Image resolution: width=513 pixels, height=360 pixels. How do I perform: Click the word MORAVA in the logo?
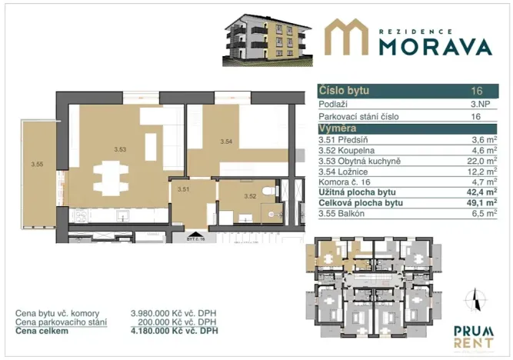point(435,45)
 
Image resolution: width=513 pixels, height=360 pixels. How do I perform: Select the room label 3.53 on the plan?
point(119,148)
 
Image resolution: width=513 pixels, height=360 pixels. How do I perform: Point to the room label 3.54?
point(226,142)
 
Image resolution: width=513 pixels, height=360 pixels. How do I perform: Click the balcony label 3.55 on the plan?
point(37,163)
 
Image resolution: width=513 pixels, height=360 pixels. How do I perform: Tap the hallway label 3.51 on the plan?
point(183,188)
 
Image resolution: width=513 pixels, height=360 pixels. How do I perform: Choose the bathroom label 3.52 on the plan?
point(249,195)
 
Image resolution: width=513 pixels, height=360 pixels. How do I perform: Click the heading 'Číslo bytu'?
point(339,92)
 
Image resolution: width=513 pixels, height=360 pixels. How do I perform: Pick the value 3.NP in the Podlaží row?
point(476,104)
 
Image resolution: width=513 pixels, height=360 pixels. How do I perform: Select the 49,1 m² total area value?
point(480,204)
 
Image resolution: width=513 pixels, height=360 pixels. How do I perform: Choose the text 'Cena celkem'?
point(39,331)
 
